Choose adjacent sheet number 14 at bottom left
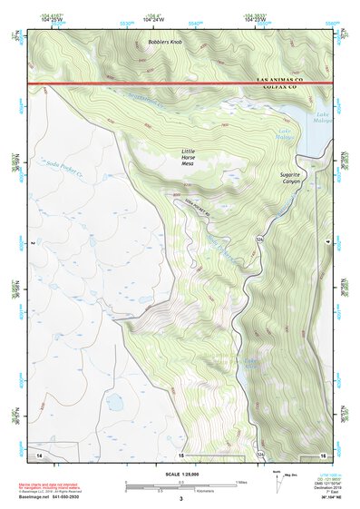38,452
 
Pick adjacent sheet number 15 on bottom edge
180,454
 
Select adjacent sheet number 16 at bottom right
322,453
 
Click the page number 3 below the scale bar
180,499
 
